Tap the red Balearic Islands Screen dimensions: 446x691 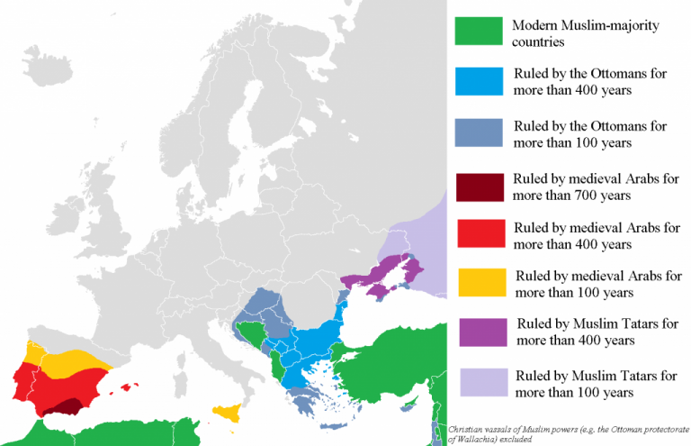(127, 389)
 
